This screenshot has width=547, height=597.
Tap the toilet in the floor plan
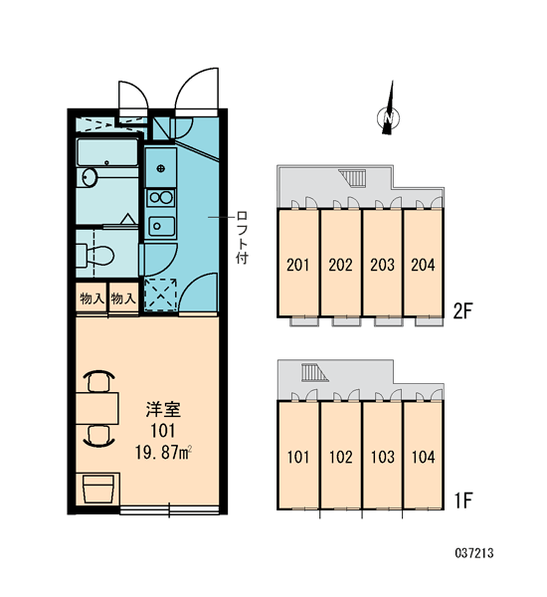click(95, 255)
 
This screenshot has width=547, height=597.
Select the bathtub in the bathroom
click(107, 152)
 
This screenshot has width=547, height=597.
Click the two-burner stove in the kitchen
click(161, 198)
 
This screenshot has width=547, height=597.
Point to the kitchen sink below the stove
click(161, 226)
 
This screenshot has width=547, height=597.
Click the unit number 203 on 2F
click(382, 265)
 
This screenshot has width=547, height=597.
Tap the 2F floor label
click(462, 311)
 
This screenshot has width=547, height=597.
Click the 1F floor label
click(462, 500)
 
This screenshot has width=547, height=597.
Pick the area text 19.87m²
click(163, 453)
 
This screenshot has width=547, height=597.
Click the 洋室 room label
click(163, 409)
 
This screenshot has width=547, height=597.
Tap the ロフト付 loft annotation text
click(242, 238)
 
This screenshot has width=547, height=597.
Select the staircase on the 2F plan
click(353, 178)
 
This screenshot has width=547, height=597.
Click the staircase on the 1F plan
click(314, 373)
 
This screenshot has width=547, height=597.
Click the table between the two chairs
click(97, 409)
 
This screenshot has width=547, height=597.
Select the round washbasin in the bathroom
click(90, 177)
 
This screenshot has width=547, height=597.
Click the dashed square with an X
click(161, 294)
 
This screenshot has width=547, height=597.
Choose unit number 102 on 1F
click(341, 457)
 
